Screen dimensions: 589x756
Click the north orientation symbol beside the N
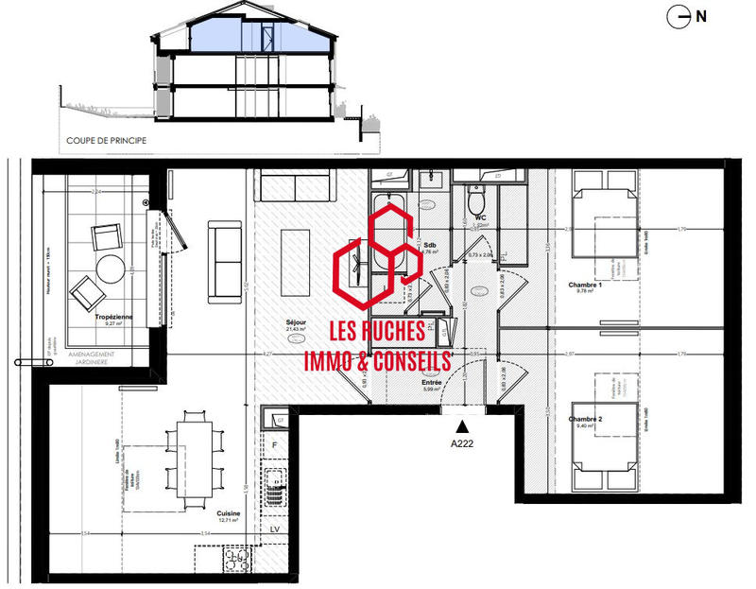pyautogui.click(x=677, y=15)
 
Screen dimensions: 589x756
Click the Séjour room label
pyautogui.click(x=298, y=322)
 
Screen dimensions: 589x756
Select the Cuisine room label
pyautogui.click(x=228, y=513)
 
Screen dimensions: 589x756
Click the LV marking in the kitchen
pyautogui.click(x=274, y=529)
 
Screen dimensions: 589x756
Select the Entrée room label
pyautogui.click(x=434, y=381)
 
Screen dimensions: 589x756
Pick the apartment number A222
pyautogui.click(x=462, y=442)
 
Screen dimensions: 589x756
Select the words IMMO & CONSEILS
pyautogui.click(x=377, y=359)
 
